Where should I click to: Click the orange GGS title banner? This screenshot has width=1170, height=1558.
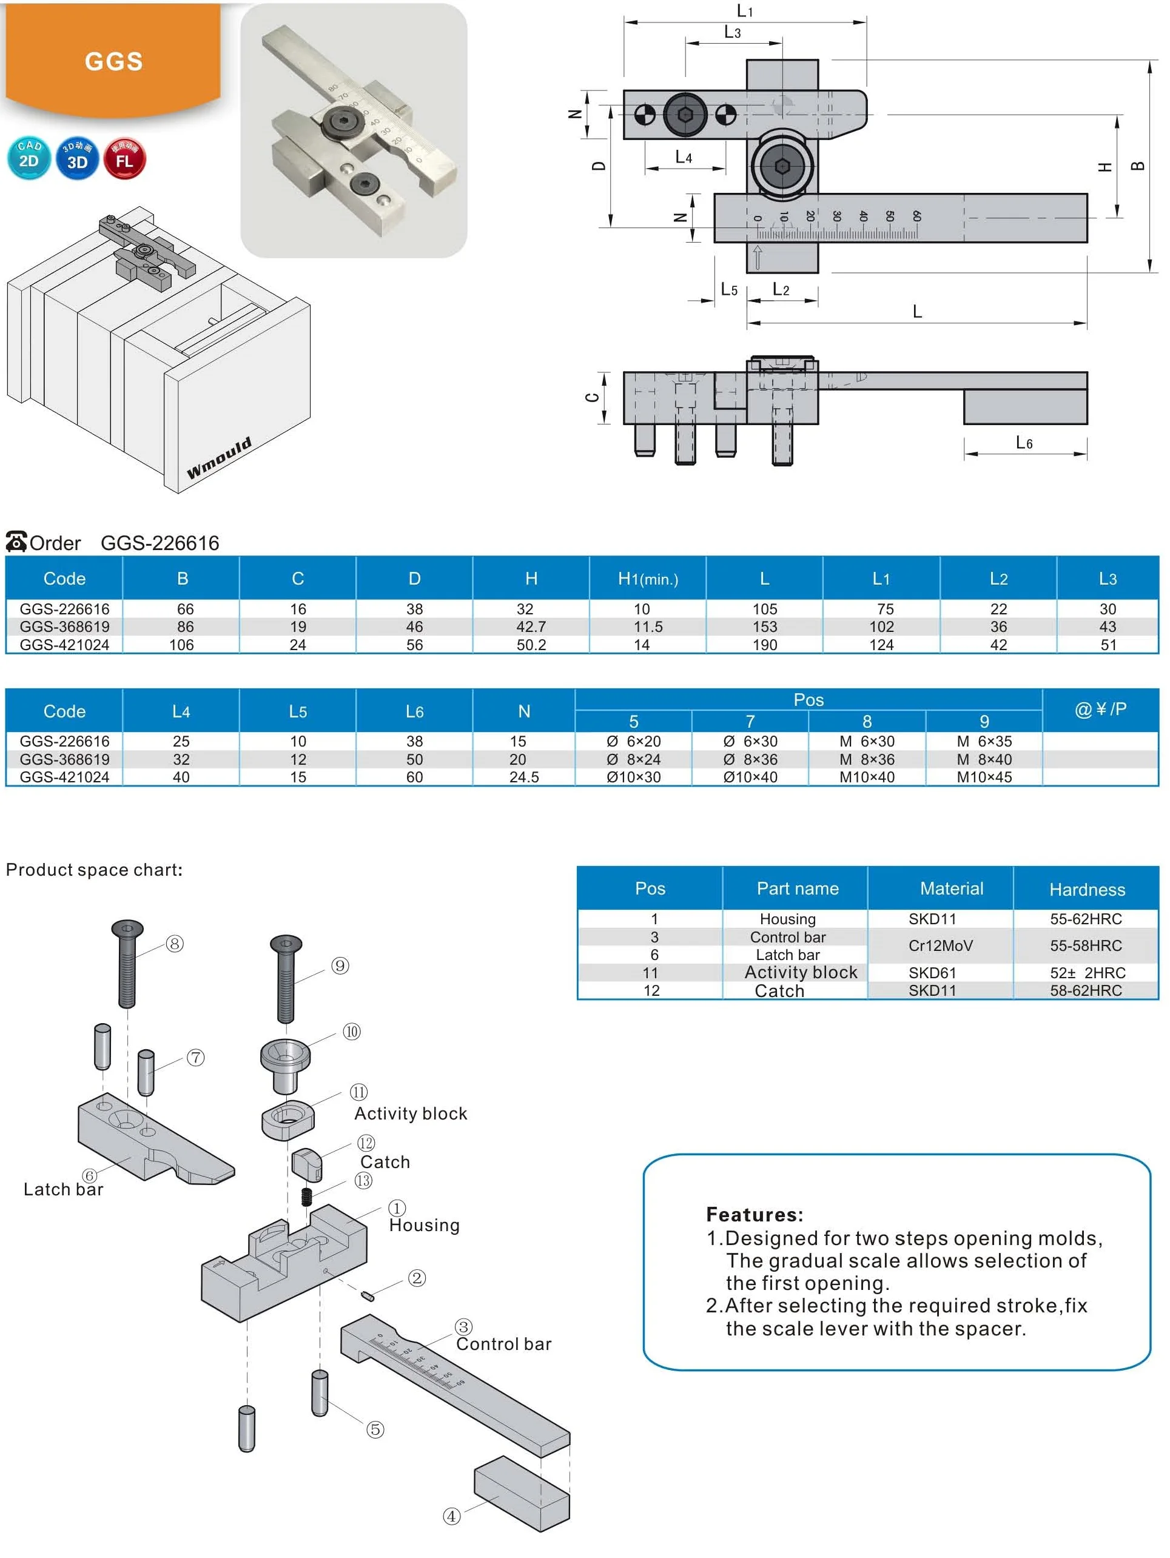click(113, 61)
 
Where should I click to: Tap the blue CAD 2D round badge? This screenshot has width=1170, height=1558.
click(29, 158)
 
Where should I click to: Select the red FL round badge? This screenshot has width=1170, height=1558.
click(125, 158)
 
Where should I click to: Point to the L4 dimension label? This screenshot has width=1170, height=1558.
click(684, 157)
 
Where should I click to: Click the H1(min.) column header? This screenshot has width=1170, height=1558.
click(647, 579)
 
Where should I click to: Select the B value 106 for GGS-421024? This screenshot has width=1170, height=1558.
click(182, 645)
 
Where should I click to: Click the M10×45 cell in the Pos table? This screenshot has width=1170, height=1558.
click(983, 777)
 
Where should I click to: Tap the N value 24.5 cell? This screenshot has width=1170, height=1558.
click(523, 777)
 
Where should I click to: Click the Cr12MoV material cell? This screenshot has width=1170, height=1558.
click(940, 945)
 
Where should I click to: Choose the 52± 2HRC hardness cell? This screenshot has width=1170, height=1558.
click(1087, 973)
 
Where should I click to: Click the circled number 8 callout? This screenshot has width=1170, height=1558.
click(175, 944)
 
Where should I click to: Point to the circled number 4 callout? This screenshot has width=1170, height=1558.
click(451, 1516)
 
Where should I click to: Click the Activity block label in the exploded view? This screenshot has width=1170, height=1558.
click(411, 1113)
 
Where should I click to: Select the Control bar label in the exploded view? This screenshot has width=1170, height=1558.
click(503, 1344)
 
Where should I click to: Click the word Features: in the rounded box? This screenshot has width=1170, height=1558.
click(755, 1214)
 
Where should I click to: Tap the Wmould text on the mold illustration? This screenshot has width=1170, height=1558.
click(218, 458)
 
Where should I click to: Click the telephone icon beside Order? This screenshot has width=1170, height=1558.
click(16, 542)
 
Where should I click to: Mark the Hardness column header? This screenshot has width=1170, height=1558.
click(1086, 890)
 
